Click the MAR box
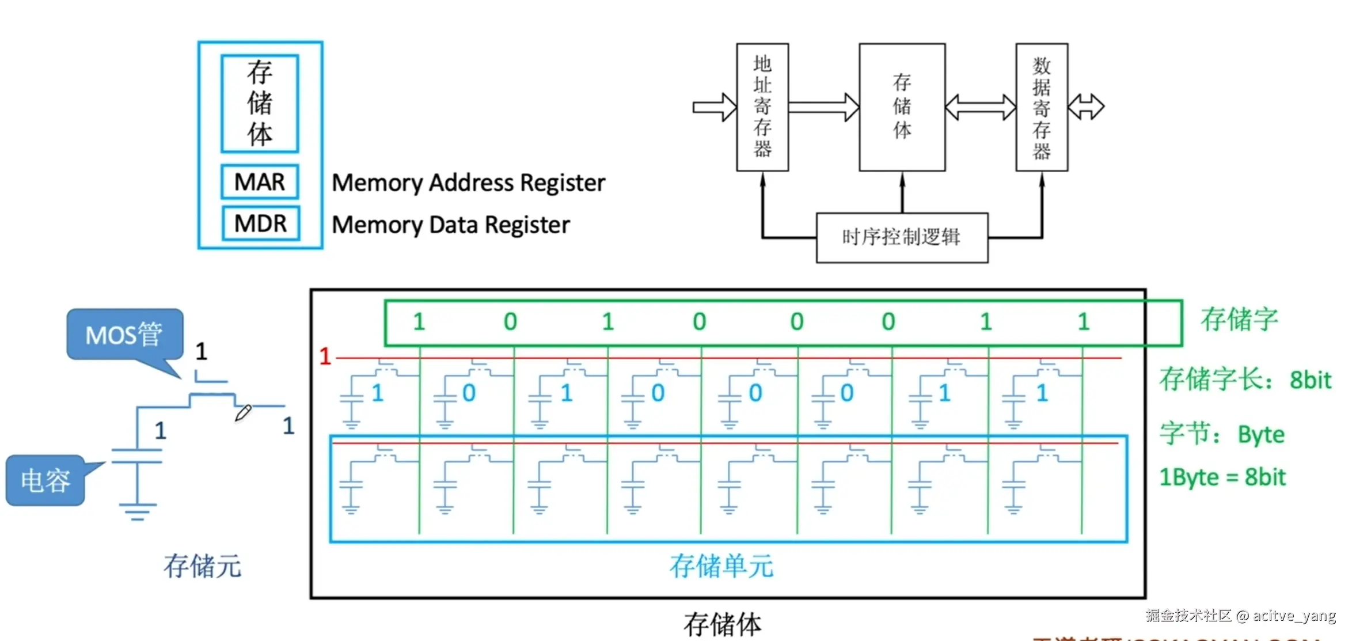click(x=260, y=182)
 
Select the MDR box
click(x=260, y=223)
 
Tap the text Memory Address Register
click(x=468, y=183)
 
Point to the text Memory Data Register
click(x=451, y=225)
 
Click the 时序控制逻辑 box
click(x=902, y=237)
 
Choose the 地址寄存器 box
click(x=762, y=107)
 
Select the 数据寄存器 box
click(x=1042, y=107)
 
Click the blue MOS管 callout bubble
click(x=124, y=335)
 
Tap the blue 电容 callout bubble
click(x=45, y=480)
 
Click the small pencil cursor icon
click(x=243, y=412)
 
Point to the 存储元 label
click(x=203, y=566)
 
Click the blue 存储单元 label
click(x=721, y=566)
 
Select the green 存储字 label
click(x=1239, y=319)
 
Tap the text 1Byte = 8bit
click(x=1222, y=477)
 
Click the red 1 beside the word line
click(x=325, y=356)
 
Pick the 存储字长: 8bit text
click(x=1245, y=380)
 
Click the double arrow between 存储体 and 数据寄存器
click(x=980, y=107)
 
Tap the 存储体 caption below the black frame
click(x=722, y=624)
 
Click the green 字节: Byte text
click(x=1222, y=434)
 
